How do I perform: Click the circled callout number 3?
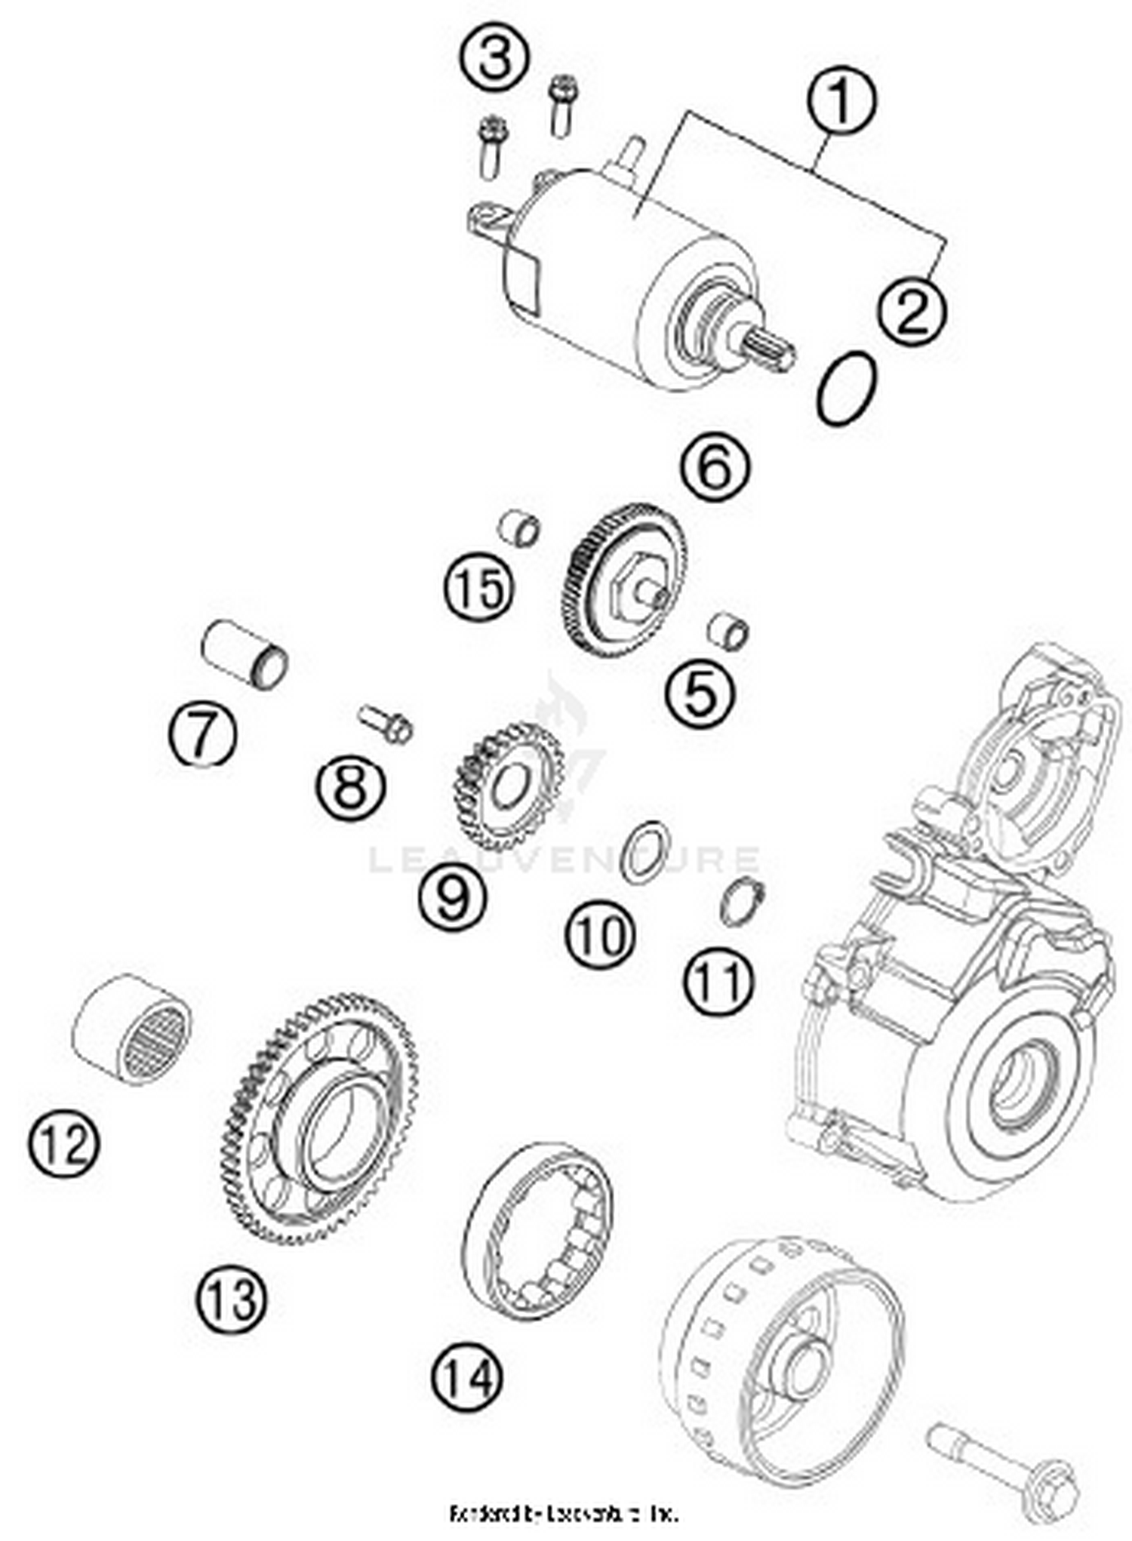pyautogui.click(x=495, y=57)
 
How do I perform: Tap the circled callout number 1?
pyautogui.click(x=841, y=101)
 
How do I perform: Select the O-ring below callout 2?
pyautogui.click(x=847, y=389)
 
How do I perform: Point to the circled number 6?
pyautogui.click(x=715, y=467)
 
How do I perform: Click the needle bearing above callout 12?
pyautogui.click(x=133, y=1029)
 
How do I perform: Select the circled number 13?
pyautogui.click(x=232, y=1298)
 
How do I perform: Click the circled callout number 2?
pyautogui.click(x=912, y=309)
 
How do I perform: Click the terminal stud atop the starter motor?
pyautogui.click(x=632, y=155)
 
